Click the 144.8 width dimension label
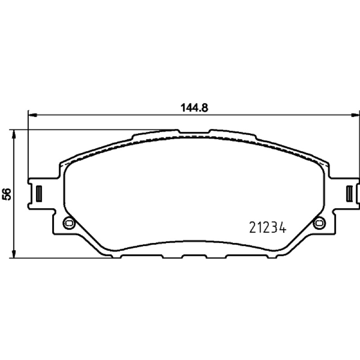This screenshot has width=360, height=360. (194, 108)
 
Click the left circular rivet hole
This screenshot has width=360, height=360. (69, 223)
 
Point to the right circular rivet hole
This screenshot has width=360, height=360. (319, 223)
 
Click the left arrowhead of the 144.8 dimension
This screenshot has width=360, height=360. (32, 115)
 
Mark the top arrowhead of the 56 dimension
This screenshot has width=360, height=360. (14, 134)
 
